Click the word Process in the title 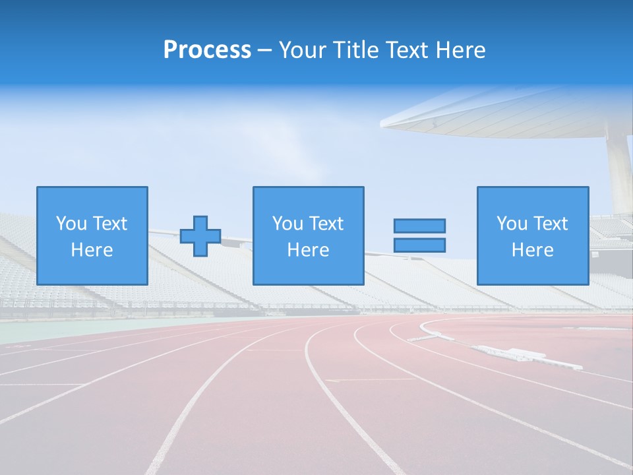click(207, 50)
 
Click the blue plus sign click(200, 236)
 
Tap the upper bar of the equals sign click(419, 226)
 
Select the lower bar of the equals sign click(419, 245)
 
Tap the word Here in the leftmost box click(92, 250)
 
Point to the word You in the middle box click(287, 224)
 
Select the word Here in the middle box click(308, 250)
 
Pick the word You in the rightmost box click(512, 224)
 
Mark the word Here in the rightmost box click(532, 250)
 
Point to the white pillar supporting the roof click(620, 172)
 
